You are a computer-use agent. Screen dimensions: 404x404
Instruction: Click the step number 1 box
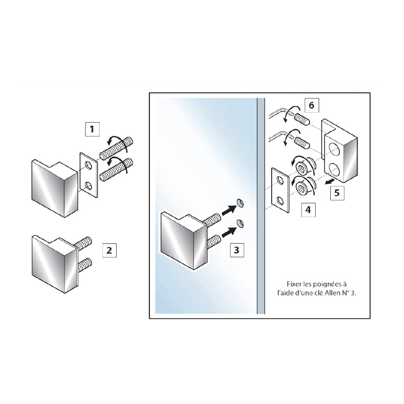(92, 129)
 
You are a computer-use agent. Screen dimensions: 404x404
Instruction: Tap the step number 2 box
(110, 250)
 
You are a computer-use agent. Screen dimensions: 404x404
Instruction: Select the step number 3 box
(237, 250)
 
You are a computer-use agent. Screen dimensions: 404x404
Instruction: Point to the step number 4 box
(308, 210)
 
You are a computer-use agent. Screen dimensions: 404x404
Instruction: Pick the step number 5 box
(337, 193)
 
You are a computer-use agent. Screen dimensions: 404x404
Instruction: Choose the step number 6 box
(312, 105)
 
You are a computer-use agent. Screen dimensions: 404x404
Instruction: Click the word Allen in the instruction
(334, 293)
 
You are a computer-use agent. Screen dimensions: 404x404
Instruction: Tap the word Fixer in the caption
(294, 284)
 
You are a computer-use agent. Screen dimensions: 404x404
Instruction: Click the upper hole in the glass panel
(240, 204)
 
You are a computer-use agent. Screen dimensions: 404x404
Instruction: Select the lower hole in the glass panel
(240, 223)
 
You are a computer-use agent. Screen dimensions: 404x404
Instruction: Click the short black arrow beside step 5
(328, 181)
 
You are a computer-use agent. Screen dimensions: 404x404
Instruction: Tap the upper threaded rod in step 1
(116, 148)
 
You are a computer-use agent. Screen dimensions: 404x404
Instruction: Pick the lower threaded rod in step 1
(116, 169)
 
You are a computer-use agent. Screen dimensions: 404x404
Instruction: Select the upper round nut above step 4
(302, 169)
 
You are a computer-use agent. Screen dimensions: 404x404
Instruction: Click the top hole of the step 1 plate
(88, 165)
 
